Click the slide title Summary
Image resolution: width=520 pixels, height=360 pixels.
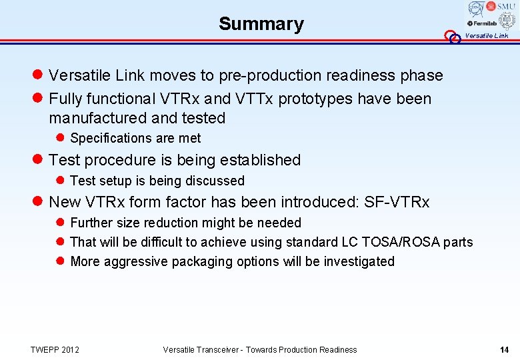coord(261,24)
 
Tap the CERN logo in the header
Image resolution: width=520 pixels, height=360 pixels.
coord(475,9)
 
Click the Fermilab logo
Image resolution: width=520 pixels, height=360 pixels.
coord(481,23)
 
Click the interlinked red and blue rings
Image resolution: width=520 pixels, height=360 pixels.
coord(453,37)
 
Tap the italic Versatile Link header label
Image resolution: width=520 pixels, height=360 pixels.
coord(486,36)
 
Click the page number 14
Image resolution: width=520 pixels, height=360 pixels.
coord(504,349)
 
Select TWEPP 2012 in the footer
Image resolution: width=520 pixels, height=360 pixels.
coord(55,349)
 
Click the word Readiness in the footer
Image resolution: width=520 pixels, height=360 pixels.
coord(337,349)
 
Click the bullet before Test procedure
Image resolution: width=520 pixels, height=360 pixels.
coord(39,160)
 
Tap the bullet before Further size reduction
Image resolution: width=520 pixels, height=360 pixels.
coord(60,223)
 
